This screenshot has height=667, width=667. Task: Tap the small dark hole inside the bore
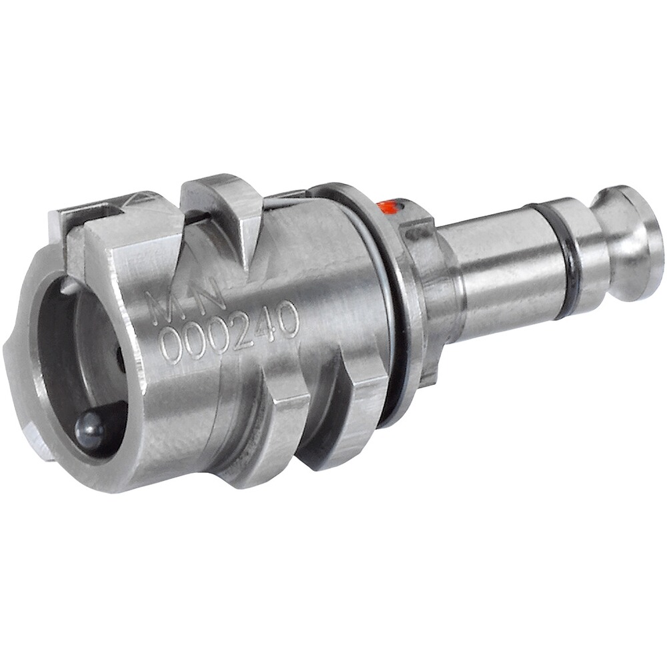(120, 360)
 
